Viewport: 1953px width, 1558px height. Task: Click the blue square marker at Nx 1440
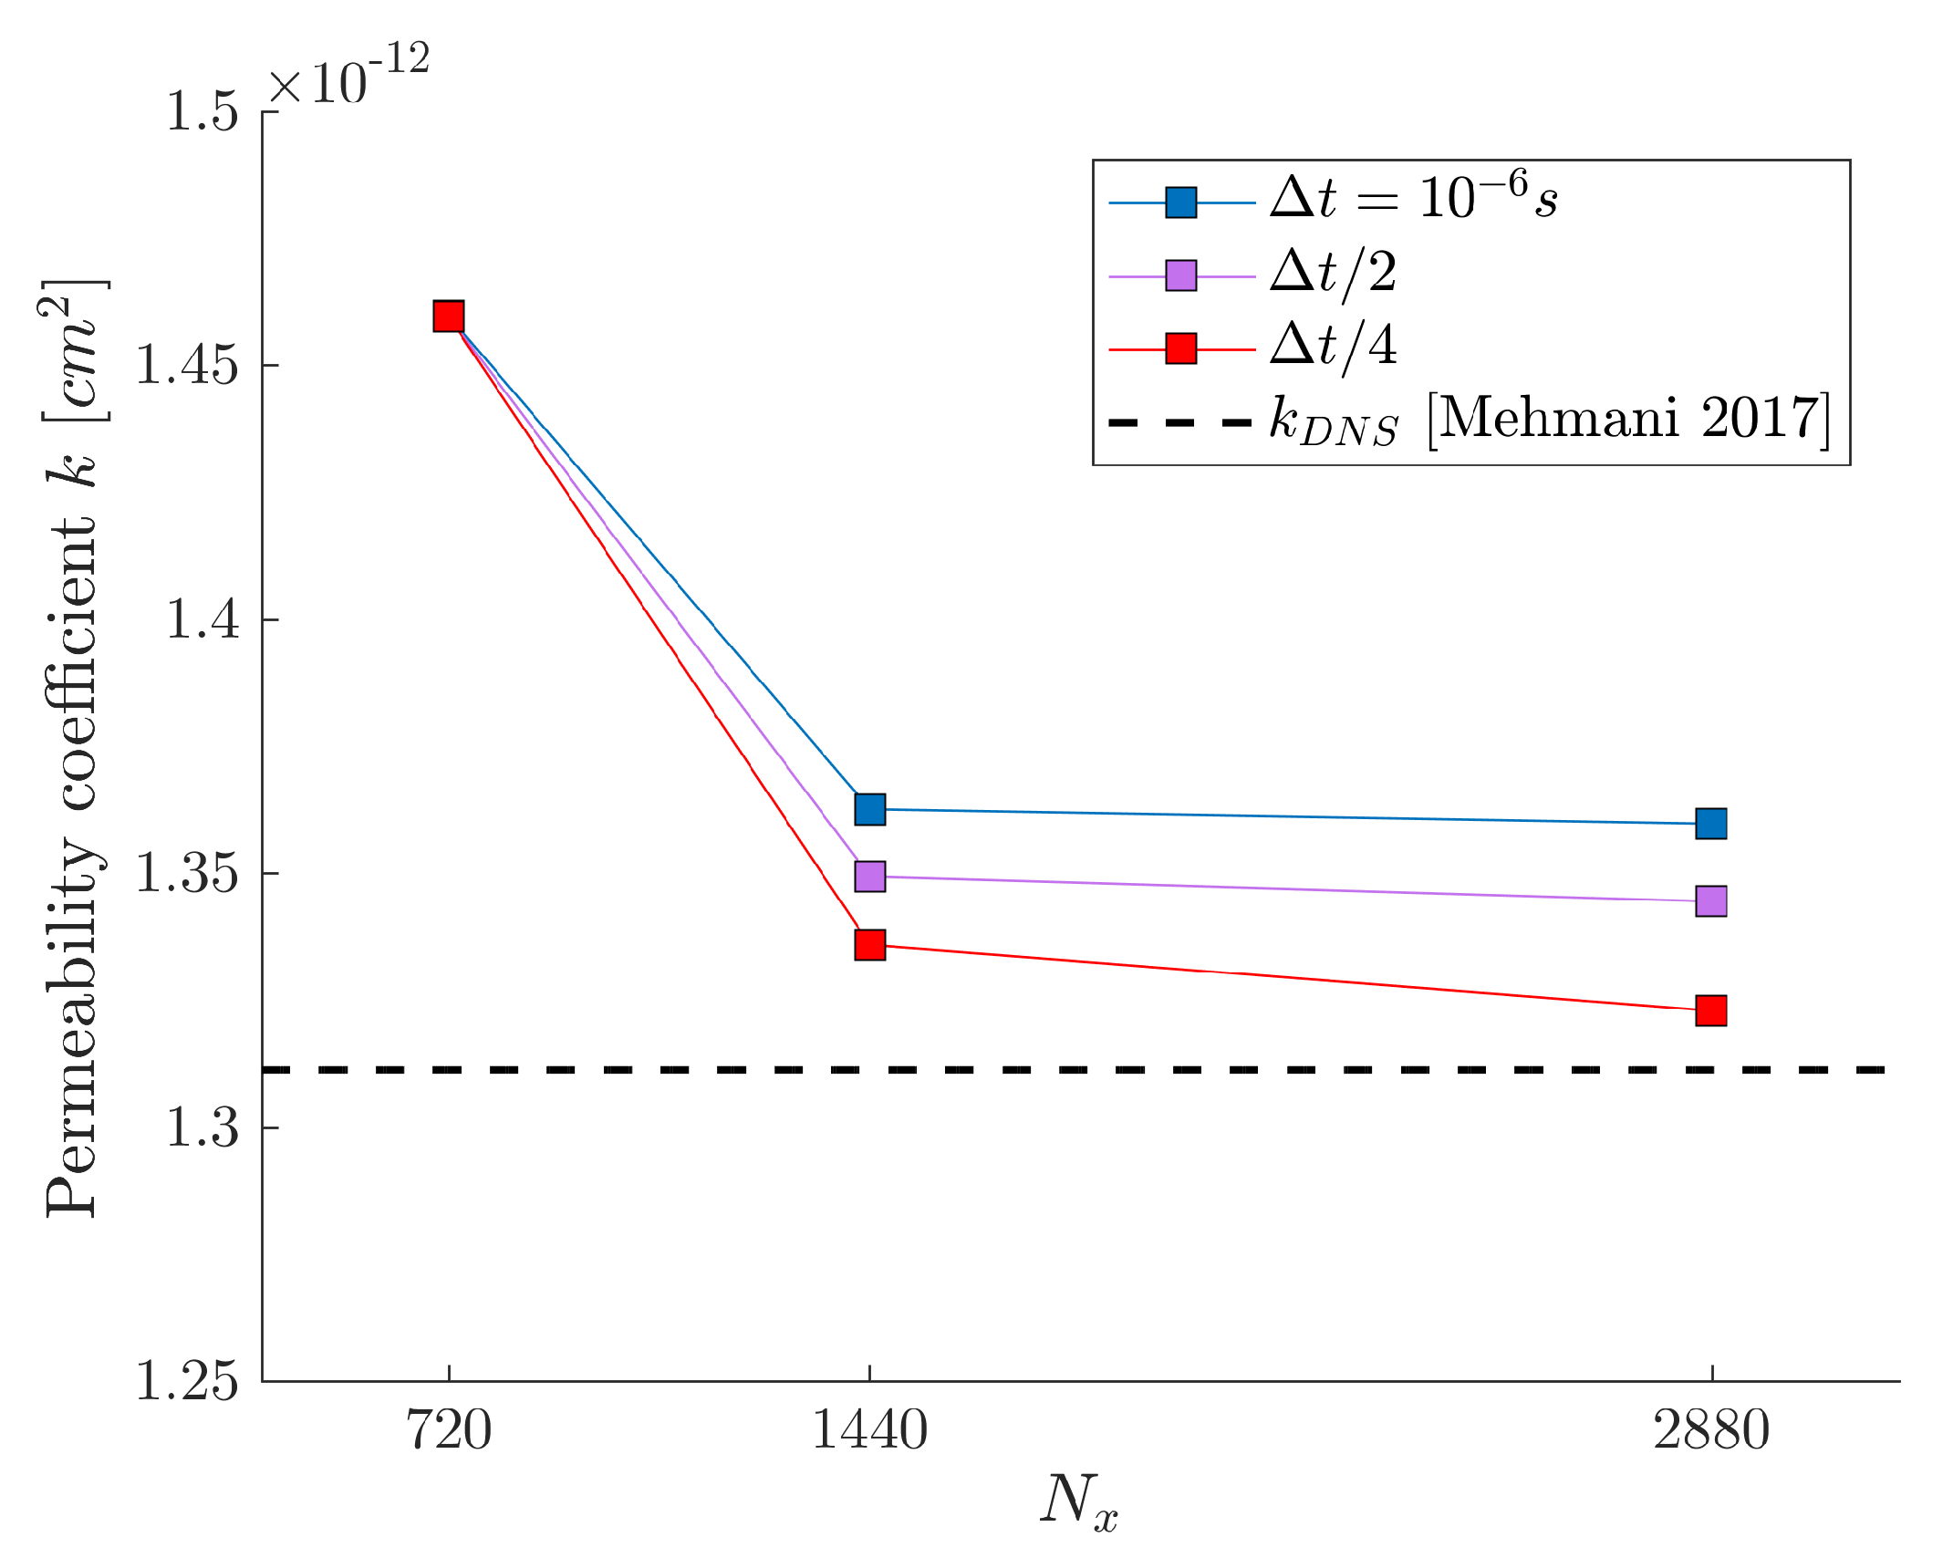click(869, 809)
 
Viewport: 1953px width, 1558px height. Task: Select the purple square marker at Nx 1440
click(869, 877)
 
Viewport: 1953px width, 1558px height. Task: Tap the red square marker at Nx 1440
click(869, 945)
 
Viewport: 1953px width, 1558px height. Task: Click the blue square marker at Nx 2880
click(1710, 824)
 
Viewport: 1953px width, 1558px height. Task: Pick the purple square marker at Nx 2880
click(1710, 901)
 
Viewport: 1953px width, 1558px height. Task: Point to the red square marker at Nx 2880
click(1710, 1011)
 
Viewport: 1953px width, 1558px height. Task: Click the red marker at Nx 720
click(448, 317)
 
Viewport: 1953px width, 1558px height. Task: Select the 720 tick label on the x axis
click(448, 1430)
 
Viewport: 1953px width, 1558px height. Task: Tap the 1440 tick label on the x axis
click(869, 1430)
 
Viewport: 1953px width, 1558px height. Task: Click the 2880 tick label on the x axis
click(1710, 1430)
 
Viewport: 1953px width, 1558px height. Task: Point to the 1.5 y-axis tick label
click(202, 113)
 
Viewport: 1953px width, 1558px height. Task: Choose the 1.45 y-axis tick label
click(186, 367)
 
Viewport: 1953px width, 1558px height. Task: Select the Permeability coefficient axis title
click(73, 748)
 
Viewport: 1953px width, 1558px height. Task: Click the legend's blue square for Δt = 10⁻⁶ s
click(1181, 203)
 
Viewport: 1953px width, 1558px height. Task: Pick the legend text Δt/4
click(1333, 347)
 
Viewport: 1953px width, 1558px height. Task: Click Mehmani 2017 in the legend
click(1628, 420)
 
